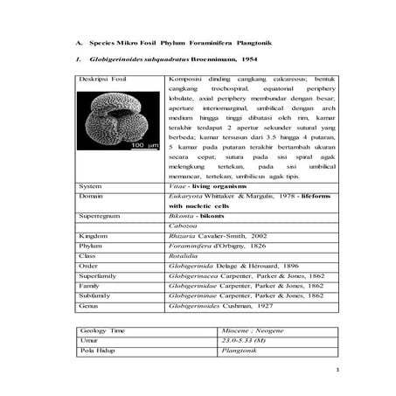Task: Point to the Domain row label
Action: coord(92,198)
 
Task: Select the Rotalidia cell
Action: coord(181,256)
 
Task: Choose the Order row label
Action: coord(88,266)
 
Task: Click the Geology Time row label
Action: coord(100,330)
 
